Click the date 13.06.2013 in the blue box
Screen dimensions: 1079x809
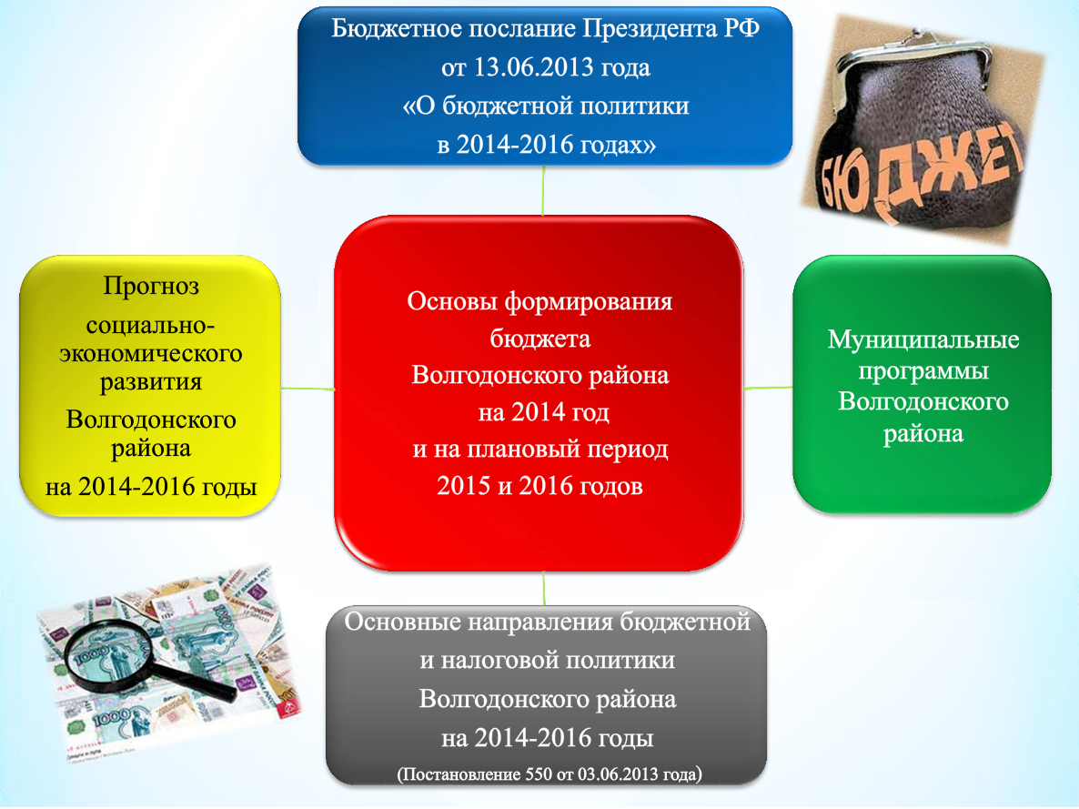pos(533,67)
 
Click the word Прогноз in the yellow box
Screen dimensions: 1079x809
pos(151,286)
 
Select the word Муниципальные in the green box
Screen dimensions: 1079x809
pos(923,340)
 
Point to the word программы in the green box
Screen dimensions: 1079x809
pos(923,372)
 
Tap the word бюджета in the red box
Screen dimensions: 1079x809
pos(540,339)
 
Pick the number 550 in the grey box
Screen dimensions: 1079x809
pos(538,774)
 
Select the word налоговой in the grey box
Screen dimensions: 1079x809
pos(506,661)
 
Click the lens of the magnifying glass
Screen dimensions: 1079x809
pos(109,655)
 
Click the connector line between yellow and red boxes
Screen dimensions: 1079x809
pos(308,389)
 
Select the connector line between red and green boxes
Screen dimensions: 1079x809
pos(769,389)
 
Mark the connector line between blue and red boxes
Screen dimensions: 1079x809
pos(543,191)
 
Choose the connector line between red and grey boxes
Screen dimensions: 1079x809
pos(544,589)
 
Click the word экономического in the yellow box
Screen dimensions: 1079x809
pos(151,354)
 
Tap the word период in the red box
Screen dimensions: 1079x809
pos(626,450)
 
